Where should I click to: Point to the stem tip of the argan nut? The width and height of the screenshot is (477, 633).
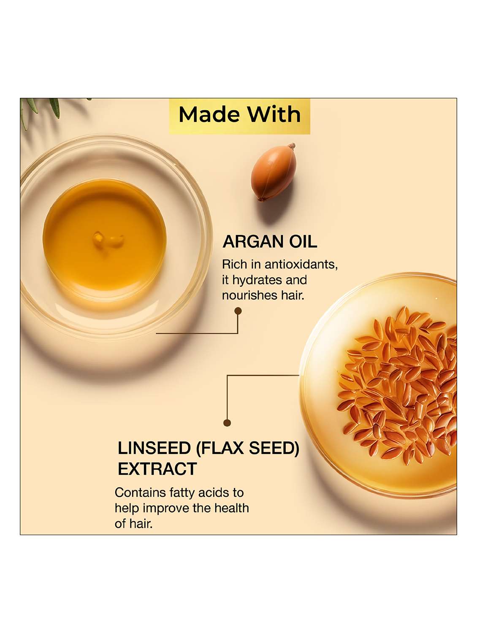[x=291, y=146]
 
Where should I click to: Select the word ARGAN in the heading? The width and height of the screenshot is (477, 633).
[x=253, y=242]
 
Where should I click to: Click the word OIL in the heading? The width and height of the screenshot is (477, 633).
[x=303, y=242]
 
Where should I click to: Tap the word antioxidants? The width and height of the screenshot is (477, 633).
[x=301, y=265]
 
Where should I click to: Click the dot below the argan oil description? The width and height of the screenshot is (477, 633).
[x=238, y=311]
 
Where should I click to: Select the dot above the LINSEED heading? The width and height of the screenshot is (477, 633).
[x=227, y=423]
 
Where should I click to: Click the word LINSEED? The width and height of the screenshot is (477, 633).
[x=154, y=448]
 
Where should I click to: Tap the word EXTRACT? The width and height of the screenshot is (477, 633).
[x=157, y=469]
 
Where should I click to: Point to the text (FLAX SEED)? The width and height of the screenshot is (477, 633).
[x=248, y=448]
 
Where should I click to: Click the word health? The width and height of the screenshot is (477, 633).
[x=231, y=508]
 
